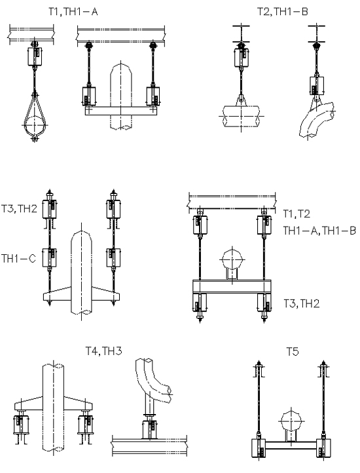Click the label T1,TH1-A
[73, 11]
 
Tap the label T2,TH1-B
[283, 11]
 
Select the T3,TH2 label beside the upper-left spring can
[19, 208]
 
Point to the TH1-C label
[19, 259]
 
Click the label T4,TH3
[103, 351]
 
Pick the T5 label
[293, 351]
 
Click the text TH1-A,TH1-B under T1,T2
[319, 231]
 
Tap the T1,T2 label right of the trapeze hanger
[297, 214]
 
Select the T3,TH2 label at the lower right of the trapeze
[302, 303]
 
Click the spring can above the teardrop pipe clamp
[35, 56]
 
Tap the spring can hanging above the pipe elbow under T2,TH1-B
[317, 85]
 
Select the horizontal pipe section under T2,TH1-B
[241, 116]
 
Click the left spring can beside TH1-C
[49, 257]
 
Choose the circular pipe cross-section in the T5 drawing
[291, 421]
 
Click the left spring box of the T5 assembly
[259, 448]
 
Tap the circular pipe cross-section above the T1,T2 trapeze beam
[232, 259]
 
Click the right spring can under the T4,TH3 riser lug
[86, 425]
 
